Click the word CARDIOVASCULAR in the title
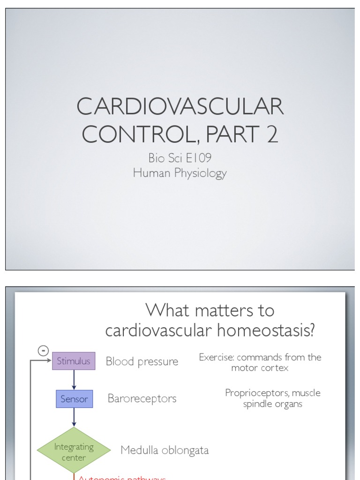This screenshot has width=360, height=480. tap(180, 107)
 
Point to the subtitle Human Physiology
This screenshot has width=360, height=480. tap(180, 173)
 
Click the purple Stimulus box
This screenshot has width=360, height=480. tap(74, 361)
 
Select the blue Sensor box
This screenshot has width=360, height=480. tap(74, 399)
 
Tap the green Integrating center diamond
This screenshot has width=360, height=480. tap(74, 450)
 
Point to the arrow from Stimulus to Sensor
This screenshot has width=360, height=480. tap(74, 380)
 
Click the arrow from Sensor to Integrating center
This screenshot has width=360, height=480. tap(74, 417)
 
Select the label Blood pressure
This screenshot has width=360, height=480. tap(142, 361)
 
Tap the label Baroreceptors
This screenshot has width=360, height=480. tap(142, 398)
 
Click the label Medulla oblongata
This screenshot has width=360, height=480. tap(164, 450)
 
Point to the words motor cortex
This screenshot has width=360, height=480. tap(260, 368)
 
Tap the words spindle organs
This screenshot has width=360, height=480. tap(272, 404)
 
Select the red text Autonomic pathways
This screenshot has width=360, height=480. tap(122, 478)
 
